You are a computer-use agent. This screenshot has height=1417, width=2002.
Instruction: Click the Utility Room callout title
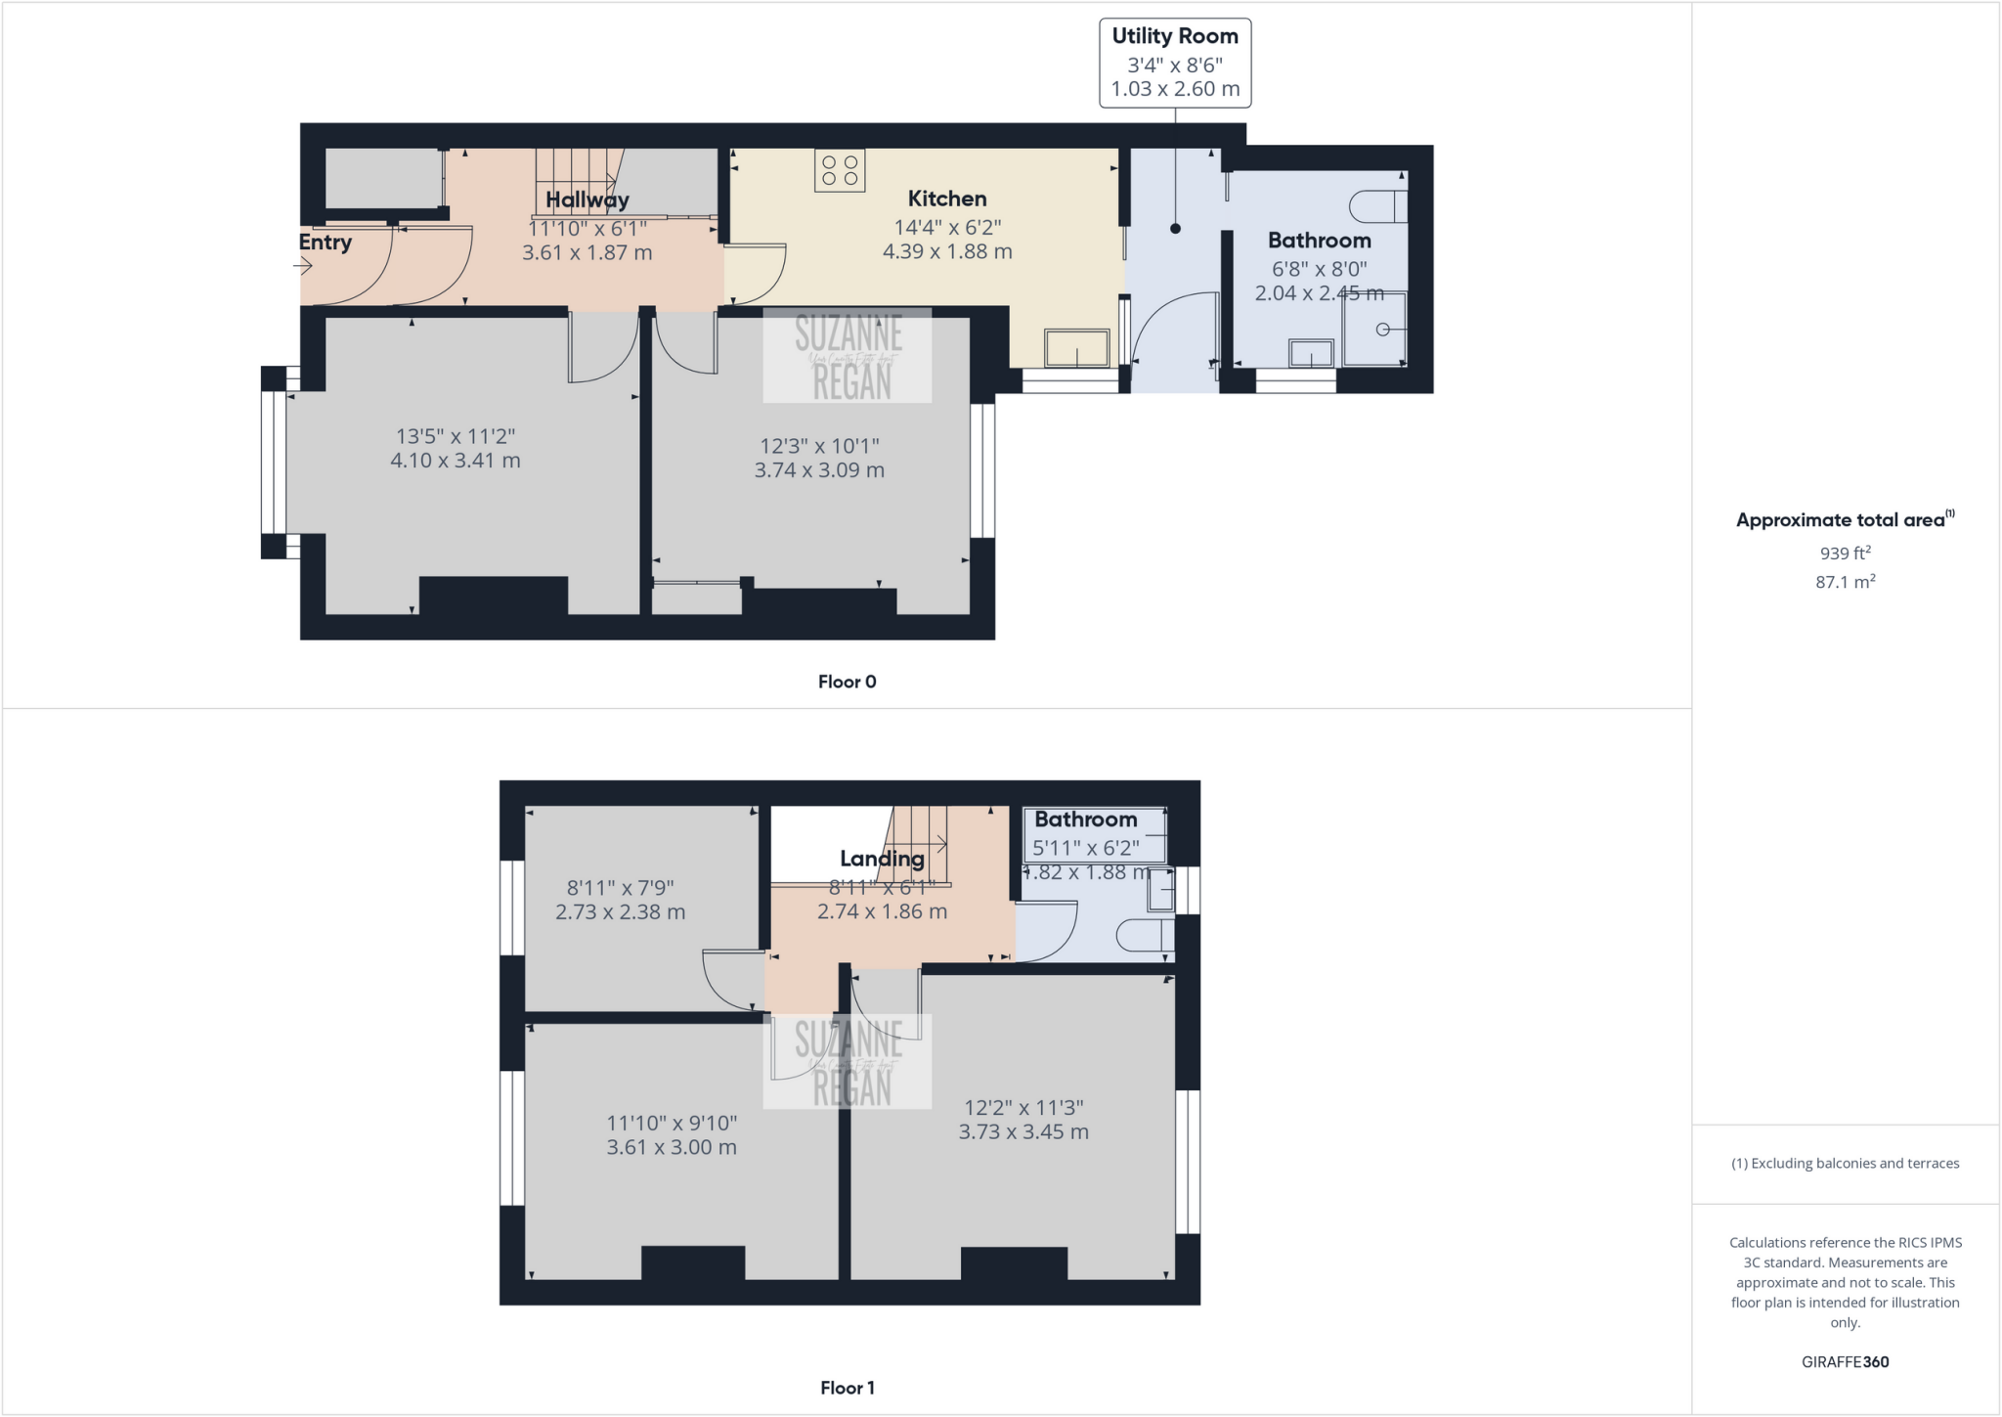point(1174,36)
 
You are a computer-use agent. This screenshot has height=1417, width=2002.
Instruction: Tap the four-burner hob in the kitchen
point(840,170)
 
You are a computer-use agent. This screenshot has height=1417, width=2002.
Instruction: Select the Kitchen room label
point(946,199)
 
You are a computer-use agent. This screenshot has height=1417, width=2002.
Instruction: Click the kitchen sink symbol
point(1076,349)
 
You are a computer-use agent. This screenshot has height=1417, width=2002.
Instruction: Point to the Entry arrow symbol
point(303,264)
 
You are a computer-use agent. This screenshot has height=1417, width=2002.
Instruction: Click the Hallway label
point(587,199)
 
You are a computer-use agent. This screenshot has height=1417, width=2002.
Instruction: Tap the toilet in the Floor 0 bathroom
point(1377,206)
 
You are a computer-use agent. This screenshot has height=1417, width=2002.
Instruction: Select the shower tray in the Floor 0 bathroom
point(1373,330)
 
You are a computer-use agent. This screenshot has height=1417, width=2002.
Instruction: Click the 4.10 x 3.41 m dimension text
point(455,461)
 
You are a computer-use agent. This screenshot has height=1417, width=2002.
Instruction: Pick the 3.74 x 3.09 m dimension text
point(819,470)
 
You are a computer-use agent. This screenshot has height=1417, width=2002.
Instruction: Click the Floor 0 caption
point(847,682)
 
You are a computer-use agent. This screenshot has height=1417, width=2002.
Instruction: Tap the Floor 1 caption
point(847,1388)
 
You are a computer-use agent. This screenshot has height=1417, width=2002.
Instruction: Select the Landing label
point(882,859)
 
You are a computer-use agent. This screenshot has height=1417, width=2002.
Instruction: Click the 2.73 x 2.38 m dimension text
point(620,912)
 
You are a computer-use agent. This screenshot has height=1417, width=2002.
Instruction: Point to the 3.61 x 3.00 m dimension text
point(671,1148)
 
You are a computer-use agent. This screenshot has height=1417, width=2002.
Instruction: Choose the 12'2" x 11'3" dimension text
point(1023,1108)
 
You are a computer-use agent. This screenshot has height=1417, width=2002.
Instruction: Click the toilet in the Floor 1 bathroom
point(1143,936)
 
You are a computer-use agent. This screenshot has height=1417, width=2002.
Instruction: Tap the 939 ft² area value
point(1845,554)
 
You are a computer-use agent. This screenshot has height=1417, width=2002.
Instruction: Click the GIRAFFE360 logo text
point(1845,1361)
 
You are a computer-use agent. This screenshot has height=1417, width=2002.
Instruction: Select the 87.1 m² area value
point(1845,582)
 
